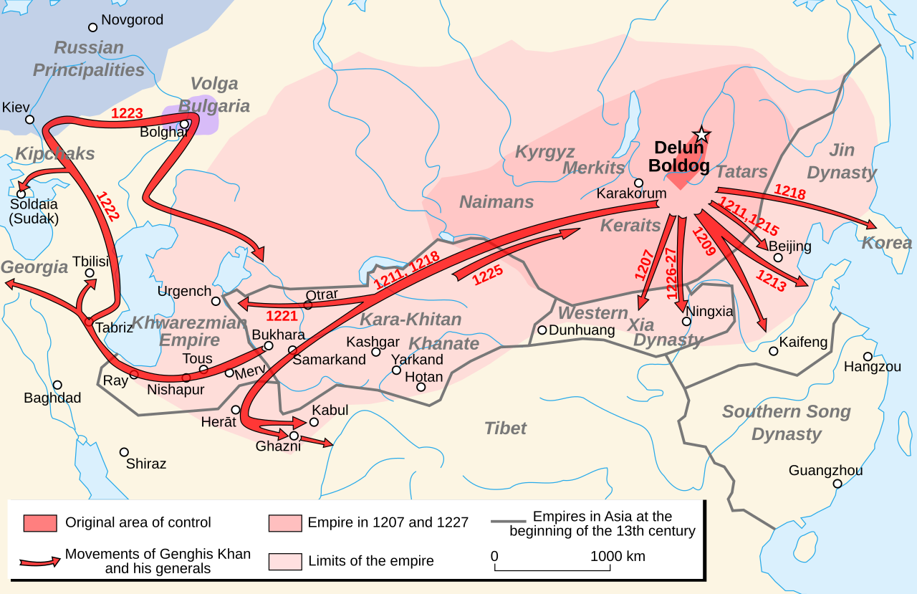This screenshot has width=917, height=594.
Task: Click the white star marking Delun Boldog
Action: point(701,135)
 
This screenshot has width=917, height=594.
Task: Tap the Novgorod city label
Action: point(132,20)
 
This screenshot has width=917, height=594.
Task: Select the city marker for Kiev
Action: point(29,119)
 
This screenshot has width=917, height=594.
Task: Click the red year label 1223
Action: point(127,113)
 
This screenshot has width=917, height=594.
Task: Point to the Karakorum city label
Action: point(631,193)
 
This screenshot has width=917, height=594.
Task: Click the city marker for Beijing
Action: point(778,258)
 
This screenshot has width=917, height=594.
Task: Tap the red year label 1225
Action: point(487,276)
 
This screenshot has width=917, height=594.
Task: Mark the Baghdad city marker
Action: point(57,385)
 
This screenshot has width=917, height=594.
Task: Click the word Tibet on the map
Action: point(505,428)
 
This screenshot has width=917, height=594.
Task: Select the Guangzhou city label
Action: point(825,471)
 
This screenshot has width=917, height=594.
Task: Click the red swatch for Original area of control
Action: point(39,523)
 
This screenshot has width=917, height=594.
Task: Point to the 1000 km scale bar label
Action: point(617,556)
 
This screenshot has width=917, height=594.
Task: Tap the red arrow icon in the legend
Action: point(39,562)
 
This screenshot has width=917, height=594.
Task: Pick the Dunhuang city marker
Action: point(542,330)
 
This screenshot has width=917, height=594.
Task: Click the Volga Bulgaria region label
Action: point(213,95)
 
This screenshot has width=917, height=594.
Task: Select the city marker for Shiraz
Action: point(124,452)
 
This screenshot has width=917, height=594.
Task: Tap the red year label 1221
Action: point(282,316)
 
